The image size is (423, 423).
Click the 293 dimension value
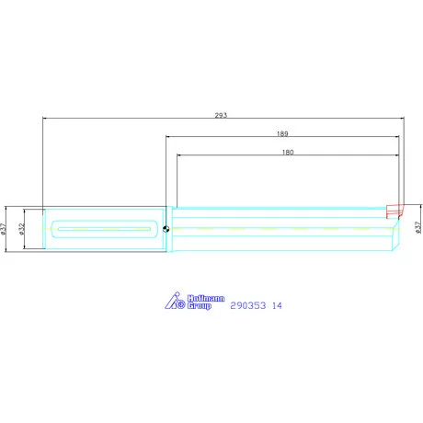click(x=220, y=115)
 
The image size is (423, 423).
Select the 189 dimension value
click(x=281, y=133)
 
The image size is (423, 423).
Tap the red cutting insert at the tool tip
click(x=394, y=210)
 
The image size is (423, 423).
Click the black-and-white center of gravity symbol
click(x=166, y=229)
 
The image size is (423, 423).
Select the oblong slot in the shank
click(x=106, y=229)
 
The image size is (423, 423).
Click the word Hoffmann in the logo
click(x=200, y=298)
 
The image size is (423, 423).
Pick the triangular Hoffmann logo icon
click(x=175, y=301)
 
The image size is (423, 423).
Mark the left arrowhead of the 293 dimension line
click(x=45, y=119)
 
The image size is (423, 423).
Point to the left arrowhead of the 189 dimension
click(x=169, y=137)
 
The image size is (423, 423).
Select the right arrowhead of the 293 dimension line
click(x=401, y=119)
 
